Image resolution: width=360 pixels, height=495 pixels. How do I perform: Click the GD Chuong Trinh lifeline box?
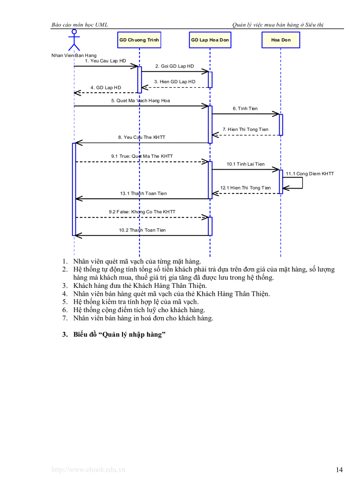139,40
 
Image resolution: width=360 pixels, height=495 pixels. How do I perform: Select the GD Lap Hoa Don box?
210,40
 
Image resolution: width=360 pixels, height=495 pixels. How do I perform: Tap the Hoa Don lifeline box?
281,40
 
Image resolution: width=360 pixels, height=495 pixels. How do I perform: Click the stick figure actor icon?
74,41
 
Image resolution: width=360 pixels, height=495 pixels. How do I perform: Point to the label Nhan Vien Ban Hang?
74,56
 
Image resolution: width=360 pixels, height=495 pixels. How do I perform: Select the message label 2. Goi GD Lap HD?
174,66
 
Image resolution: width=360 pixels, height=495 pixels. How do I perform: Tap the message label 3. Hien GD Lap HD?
175,82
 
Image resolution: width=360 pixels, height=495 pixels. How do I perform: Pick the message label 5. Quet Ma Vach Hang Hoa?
140,100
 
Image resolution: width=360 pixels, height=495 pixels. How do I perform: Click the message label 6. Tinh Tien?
245,108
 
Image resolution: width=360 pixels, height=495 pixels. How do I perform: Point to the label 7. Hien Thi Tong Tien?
245,130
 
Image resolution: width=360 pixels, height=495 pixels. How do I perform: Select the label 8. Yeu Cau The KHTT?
142,138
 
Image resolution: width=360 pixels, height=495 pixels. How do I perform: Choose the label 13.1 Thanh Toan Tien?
143,194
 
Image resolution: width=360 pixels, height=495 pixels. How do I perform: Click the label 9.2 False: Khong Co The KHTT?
142,212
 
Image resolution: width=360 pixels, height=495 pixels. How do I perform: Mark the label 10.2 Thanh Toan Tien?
142,230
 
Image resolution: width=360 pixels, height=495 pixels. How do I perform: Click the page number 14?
339,470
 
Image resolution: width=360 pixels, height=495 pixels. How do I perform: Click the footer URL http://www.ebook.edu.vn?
88,470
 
